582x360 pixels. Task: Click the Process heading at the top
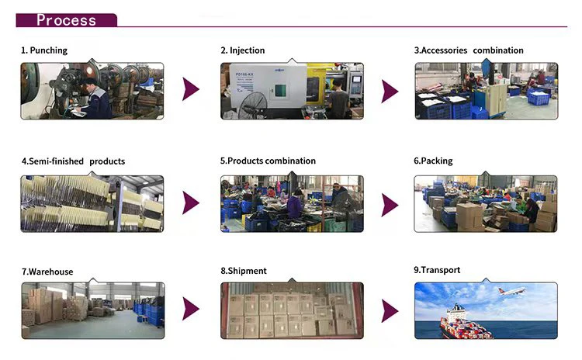(x=66, y=20)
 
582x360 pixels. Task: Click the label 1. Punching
(x=44, y=50)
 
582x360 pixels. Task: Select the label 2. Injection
(x=244, y=50)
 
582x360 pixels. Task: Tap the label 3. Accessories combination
(x=469, y=50)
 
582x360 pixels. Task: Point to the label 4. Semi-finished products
(x=73, y=161)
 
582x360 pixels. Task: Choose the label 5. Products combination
(x=268, y=161)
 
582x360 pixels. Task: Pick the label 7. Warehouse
(x=47, y=272)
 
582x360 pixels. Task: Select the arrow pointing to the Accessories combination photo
(x=390, y=91)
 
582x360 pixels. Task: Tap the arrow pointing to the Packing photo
(x=390, y=203)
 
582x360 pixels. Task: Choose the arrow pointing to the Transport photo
(x=390, y=310)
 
